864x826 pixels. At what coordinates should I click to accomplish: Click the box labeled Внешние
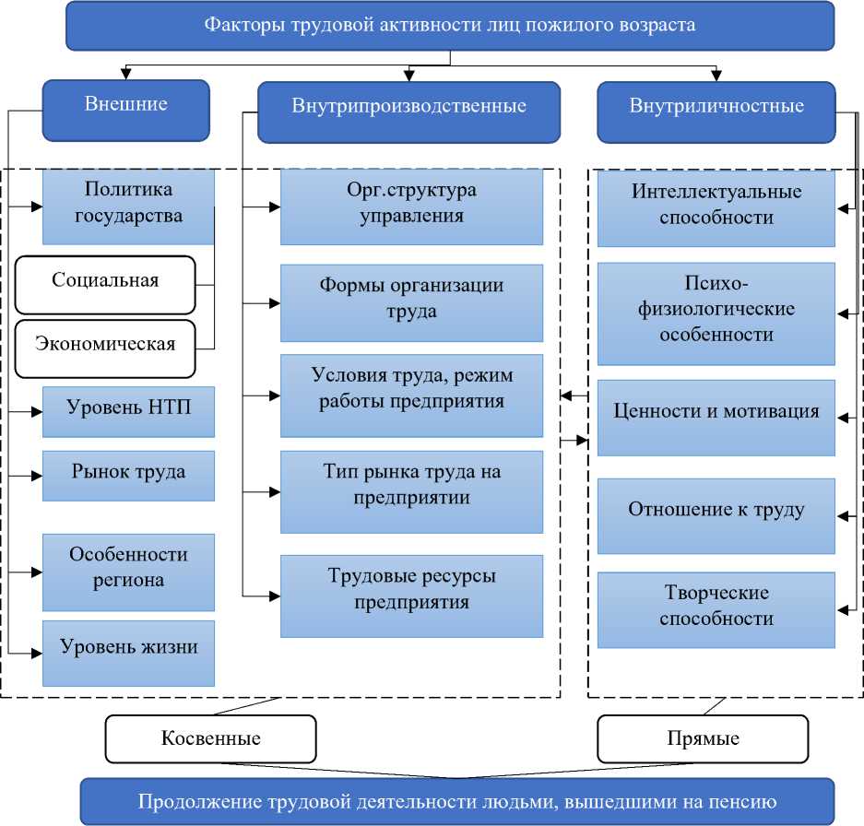click(x=126, y=104)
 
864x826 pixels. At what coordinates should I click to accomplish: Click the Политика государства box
click(x=128, y=205)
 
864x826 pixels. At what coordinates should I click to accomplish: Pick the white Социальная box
click(x=105, y=281)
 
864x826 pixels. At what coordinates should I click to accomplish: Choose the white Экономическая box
click(x=105, y=346)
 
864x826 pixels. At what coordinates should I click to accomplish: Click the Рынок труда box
click(x=128, y=474)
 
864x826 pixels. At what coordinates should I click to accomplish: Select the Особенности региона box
click(x=128, y=568)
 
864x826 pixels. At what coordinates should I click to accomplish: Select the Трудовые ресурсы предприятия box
click(x=411, y=591)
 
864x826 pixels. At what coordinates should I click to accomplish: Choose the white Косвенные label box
click(x=210, y=738)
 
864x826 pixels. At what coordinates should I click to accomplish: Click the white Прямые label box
click(x=702, y=738)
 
